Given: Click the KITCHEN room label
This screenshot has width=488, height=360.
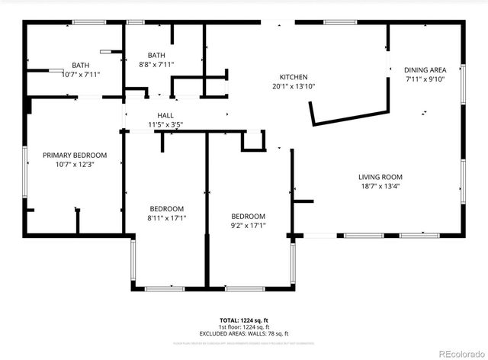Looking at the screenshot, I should (x=294, y=77).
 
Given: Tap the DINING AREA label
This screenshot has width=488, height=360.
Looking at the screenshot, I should (x=425, y=69).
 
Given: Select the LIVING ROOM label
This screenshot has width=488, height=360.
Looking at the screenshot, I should (x=380, y=177).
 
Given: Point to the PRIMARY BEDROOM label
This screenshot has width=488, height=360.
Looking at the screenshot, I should (x=75, y=155).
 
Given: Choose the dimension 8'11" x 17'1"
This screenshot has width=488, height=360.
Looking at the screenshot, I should (x=166, y=218).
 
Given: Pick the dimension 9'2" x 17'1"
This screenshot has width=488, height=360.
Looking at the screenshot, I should (x=249, y=225).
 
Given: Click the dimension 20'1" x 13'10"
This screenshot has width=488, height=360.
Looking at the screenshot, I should (x=294, y=86).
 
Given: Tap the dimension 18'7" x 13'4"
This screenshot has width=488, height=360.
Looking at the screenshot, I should (x=380, y=186).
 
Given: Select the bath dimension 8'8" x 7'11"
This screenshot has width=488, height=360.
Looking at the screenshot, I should (x=156, y=65).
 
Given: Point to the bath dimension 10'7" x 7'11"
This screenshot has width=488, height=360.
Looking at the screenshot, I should (x=81, y=75).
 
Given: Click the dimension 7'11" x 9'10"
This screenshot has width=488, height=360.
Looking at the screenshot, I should (x=425, y=79).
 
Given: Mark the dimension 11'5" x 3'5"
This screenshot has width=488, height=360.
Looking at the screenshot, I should (x=165, y=124).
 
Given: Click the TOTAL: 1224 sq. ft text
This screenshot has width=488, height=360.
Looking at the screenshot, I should (x=244, y=320).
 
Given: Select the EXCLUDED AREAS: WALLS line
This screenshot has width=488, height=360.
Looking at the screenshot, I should (x=244, y=333).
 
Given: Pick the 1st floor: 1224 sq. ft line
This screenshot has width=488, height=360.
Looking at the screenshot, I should (x=244, y=327).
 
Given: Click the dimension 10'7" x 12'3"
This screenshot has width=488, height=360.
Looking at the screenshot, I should (x=75, y=164).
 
